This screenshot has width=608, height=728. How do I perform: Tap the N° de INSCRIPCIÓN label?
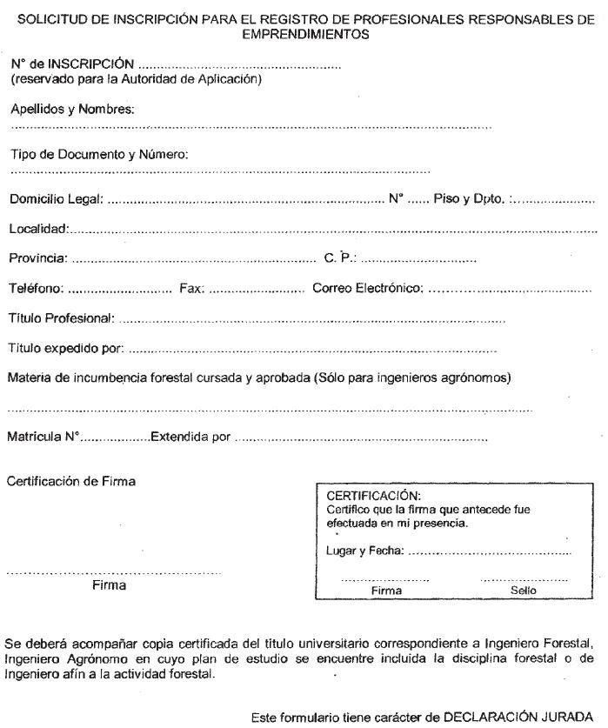click(72, 64)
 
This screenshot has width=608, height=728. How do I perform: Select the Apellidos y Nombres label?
click(71, 109)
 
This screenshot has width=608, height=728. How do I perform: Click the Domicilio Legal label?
click(56, 200)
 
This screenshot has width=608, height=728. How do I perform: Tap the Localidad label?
click(38, 230)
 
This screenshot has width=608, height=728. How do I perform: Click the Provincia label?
click(38, 259)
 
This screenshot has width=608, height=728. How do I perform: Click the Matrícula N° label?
click(43, 436)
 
